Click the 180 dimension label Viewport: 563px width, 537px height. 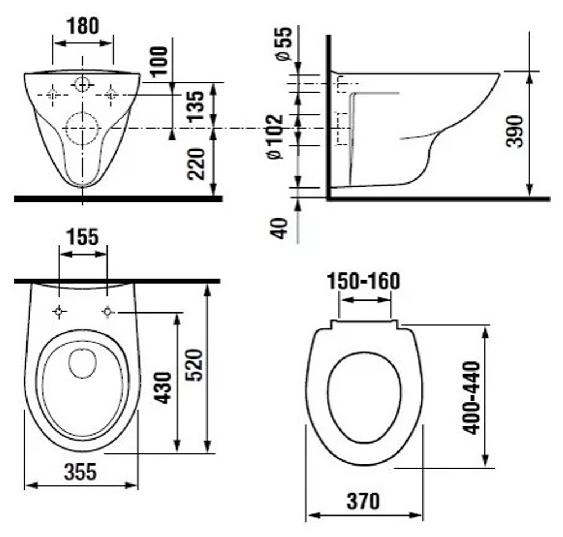83,26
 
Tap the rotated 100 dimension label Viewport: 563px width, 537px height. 159,61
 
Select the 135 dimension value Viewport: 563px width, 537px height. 196,106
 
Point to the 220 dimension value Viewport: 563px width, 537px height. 196,164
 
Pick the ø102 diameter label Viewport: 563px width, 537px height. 275,136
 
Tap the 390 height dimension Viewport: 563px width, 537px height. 514,131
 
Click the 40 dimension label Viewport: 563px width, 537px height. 279,229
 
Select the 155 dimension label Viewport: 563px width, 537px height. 82,237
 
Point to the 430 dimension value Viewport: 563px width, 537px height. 164,388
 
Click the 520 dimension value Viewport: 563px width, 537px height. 195,365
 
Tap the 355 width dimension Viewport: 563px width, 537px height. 81,472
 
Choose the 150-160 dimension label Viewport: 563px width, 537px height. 363,281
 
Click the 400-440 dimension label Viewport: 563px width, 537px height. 471,398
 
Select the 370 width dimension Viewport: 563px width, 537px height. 363,501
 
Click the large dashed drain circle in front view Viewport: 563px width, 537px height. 82,112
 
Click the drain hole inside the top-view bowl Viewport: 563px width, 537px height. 82,349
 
